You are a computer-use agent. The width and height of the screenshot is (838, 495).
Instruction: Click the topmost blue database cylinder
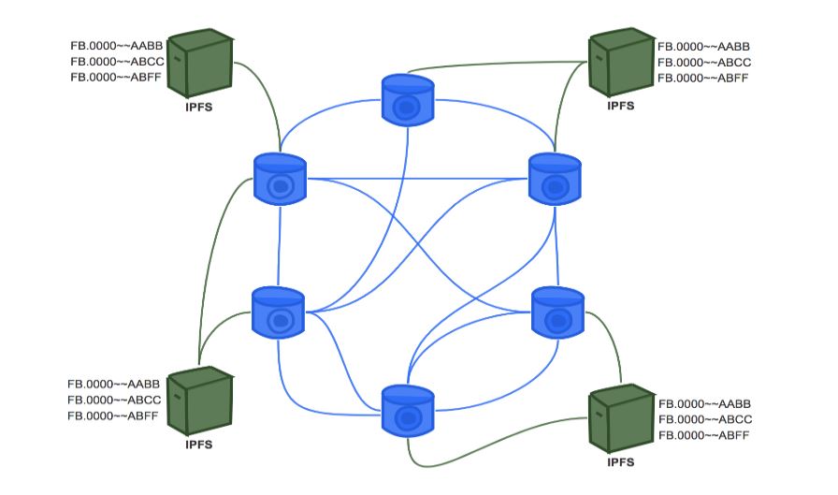[408, 101]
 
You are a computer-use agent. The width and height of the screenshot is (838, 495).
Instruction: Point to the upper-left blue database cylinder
[280, 179]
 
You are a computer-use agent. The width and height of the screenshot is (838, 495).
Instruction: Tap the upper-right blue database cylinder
[555, 179]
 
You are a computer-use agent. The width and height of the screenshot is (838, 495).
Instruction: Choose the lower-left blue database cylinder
[279, 313]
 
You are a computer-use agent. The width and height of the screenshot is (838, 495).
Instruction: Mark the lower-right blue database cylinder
[556, 313]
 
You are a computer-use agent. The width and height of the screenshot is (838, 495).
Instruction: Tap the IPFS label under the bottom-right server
[621, 463]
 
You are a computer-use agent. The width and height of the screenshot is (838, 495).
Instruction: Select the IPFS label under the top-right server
[621, 106]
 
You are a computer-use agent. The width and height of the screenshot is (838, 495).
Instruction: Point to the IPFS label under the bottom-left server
[198, 444]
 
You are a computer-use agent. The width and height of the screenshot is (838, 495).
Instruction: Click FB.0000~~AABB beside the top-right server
[704, 46]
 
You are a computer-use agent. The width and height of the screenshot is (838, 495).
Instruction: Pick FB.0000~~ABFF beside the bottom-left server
[114, 415]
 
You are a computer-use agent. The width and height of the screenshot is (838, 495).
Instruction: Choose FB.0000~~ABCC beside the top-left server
[117, 61]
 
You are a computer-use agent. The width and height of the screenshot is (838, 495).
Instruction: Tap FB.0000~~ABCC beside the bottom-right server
[705, 419]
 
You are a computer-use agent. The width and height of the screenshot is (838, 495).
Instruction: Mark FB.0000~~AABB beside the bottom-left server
[114, 384]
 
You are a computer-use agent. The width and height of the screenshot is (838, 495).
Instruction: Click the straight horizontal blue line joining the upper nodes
[416, 177]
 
